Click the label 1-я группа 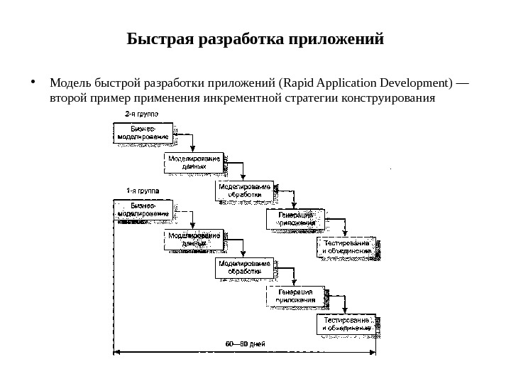click(x=143, y=190)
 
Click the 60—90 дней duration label click(x=245, y=344)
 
